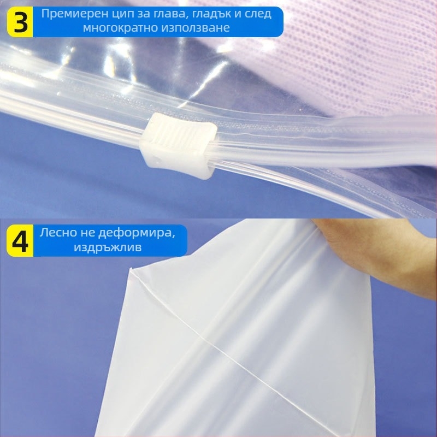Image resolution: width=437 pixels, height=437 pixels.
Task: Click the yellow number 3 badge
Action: click(x=20, y=22)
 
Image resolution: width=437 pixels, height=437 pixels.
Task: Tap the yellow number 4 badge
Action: click(x=20, y=241)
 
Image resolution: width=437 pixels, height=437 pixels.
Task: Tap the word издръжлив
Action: click(x=108, y=247)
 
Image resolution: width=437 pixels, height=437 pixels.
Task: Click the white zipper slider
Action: click(x=179, y=146)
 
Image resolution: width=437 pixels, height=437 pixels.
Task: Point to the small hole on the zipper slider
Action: click(x=158, y=161)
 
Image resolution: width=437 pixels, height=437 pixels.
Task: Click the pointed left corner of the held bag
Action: click(x=131, y=269)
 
